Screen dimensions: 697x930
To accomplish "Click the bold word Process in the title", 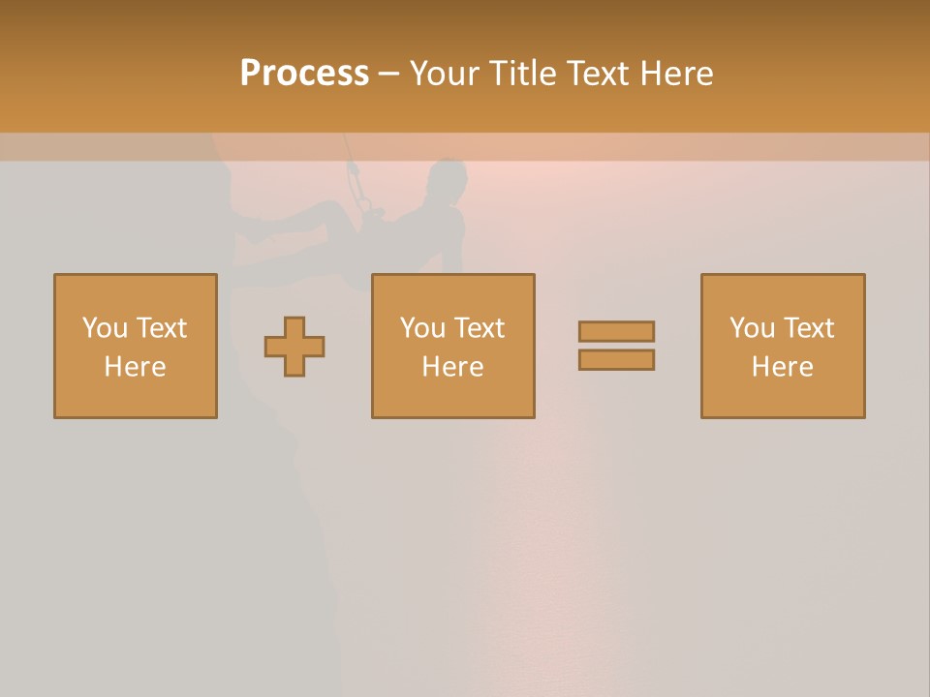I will [x=304, y=74].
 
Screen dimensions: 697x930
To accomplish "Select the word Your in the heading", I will [x=445, y=74].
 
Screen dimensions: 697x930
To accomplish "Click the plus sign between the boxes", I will [x=294, y=347].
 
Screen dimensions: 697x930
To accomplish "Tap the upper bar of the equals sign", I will [x=616, y=331].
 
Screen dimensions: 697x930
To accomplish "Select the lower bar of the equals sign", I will [x=616, y=359].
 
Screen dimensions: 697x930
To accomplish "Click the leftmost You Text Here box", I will [x=136, y=346].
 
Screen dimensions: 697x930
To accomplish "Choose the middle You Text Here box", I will [x=452, y=346].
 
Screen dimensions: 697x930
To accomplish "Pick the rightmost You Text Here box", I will [x=783, y=346].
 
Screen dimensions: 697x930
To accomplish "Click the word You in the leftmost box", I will [x=104, y=328].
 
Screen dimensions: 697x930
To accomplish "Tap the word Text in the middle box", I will [x=479, y=328].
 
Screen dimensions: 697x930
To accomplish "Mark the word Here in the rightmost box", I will [x=783, y=367].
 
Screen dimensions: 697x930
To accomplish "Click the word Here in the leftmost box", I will [x=136, y=367].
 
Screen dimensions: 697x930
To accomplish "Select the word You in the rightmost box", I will [x=751, y=328].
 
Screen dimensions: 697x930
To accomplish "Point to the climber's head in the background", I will [x=448, y=180].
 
